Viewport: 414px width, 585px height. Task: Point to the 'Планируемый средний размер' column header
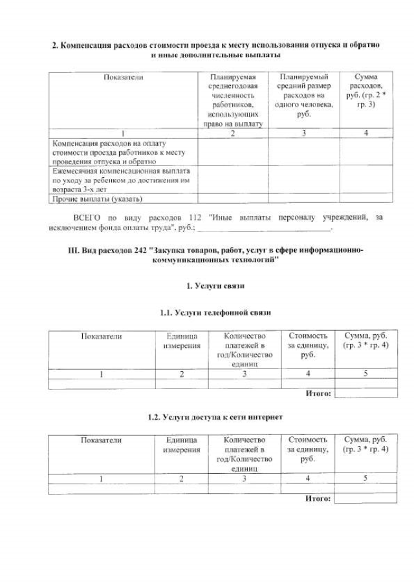coord(304,95)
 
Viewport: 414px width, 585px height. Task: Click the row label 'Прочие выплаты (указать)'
coord(97,199)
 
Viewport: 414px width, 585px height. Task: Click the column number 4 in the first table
coord(366,133)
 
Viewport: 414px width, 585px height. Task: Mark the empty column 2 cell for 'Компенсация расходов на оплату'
coord(233,152)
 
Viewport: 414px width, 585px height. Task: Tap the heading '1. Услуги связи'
coord(215,285)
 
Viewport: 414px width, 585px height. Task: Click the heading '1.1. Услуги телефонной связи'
coord(215,313)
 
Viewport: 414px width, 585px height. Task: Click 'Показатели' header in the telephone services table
coord(102,336)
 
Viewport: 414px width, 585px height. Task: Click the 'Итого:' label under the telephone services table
coord(318,393)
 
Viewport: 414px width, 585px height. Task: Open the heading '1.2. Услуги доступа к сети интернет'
coord(215,417)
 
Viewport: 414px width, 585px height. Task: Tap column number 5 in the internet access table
coord(365,478)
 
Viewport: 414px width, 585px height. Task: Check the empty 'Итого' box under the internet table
coord(365,498)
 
